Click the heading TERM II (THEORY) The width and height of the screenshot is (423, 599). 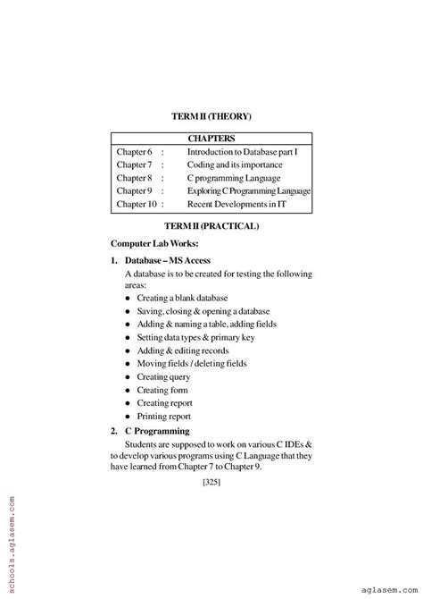(x=211, y=116)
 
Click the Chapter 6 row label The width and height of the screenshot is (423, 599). (x=135, y=152)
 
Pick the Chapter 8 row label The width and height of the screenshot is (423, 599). (x=135, y=178)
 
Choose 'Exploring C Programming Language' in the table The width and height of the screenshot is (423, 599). (x=249, y=191)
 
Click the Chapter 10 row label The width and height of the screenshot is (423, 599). (x=137, y=205)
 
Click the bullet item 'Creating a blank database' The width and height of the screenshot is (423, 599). (x=182, y=297)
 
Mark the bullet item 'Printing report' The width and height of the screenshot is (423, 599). (x=164, y=416)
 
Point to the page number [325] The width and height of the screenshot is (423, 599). (x=211, y=484)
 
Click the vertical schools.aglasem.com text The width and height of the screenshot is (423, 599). (x=7, y=536)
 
